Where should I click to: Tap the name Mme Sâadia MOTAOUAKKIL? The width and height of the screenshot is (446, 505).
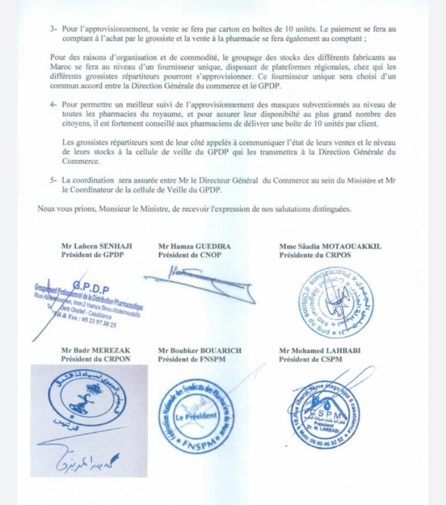pyautogui.click(x=330, y=246)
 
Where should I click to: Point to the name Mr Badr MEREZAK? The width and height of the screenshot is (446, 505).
pyautogui.click(x=90, y=350)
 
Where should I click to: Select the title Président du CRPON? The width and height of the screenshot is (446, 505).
pyautogui.click(x=91, y=358)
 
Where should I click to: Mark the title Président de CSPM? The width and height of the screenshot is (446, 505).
pyautogui.click(x=311, y=358)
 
